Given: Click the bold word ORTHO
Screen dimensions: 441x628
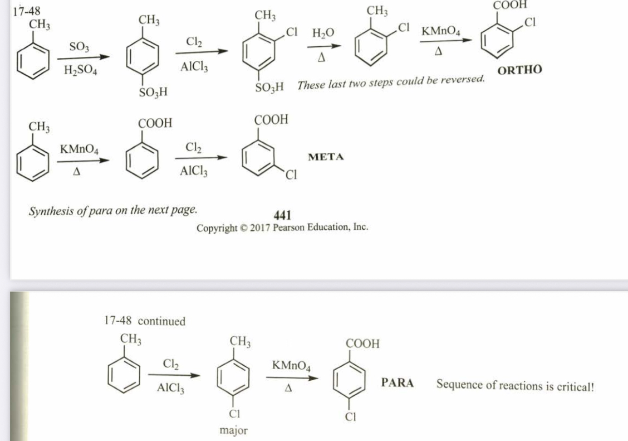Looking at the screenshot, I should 520,70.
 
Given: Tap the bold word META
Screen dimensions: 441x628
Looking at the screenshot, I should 326,157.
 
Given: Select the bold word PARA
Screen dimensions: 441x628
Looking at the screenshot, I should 398,383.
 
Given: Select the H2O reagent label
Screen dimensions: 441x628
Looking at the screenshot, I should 323,33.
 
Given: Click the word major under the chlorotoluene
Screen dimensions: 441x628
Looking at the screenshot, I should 234,430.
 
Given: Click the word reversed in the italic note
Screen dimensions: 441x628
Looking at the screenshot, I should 463,79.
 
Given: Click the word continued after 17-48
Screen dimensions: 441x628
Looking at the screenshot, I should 161,321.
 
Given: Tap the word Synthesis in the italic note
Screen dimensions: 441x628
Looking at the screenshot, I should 51,210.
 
